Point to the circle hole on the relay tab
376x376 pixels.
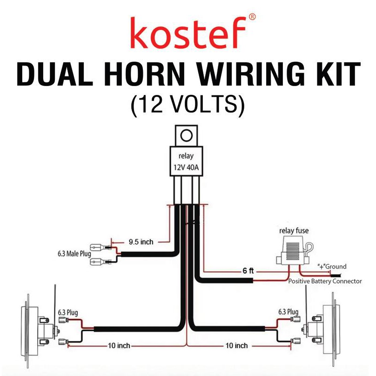(187, 136)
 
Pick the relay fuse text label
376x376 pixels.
(293, 230)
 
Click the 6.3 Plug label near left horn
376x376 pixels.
(67, 312)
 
